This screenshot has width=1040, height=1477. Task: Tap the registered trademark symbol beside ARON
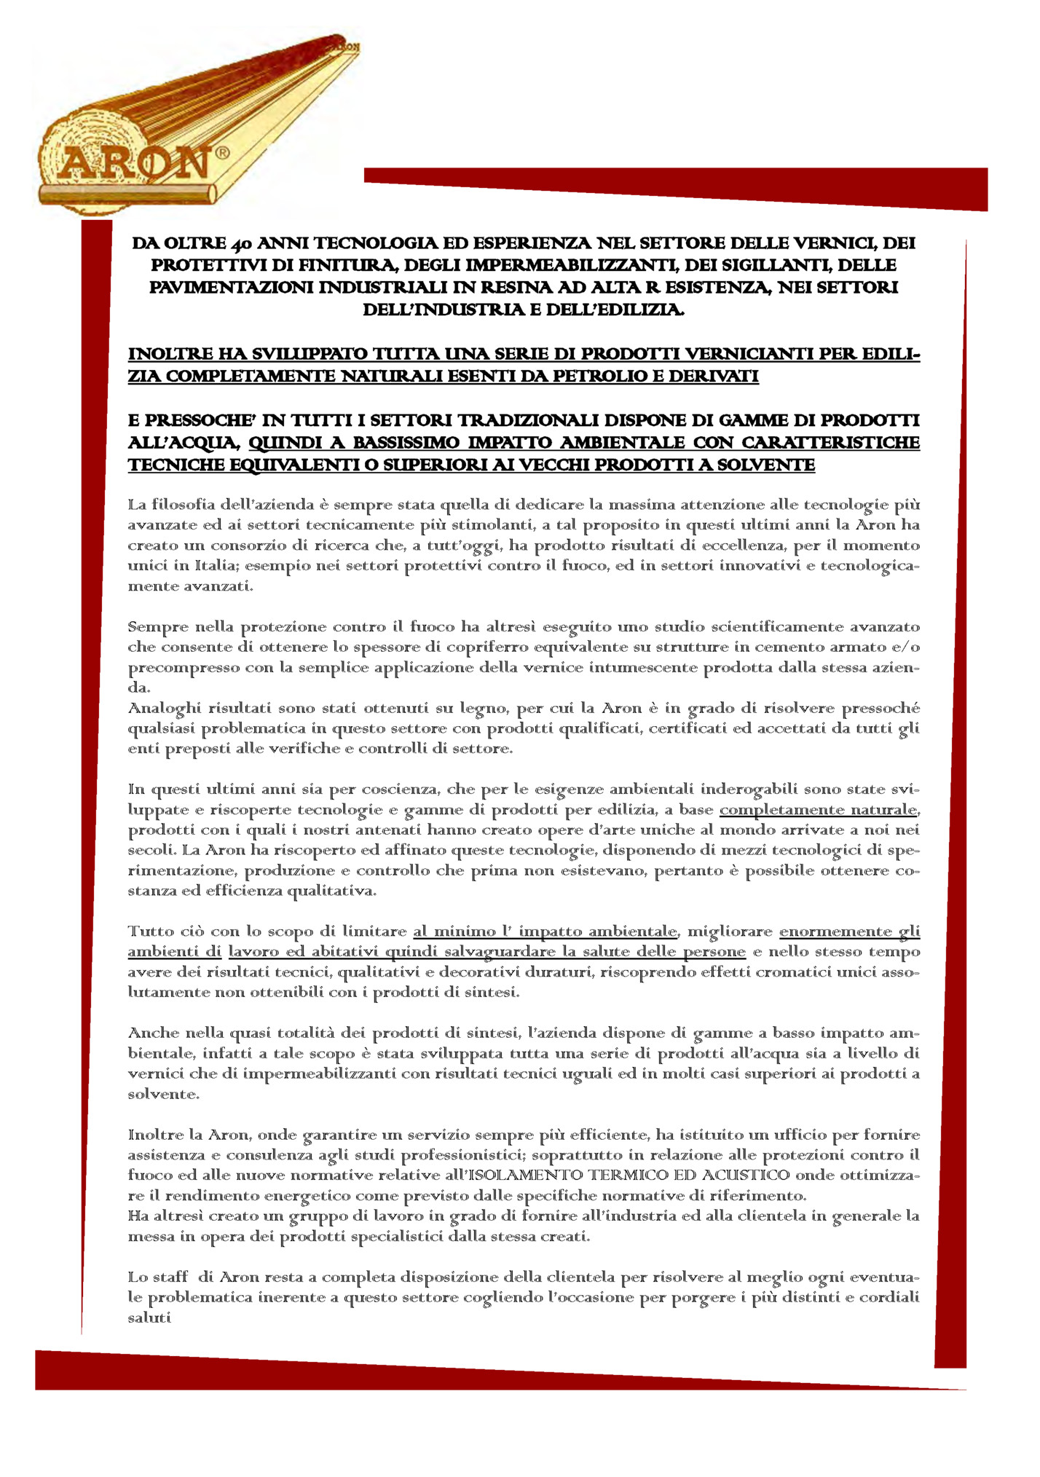pos(223,153)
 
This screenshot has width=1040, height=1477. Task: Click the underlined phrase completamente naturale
pos(818,809)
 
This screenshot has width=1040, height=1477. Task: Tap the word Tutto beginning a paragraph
pos(147,932)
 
